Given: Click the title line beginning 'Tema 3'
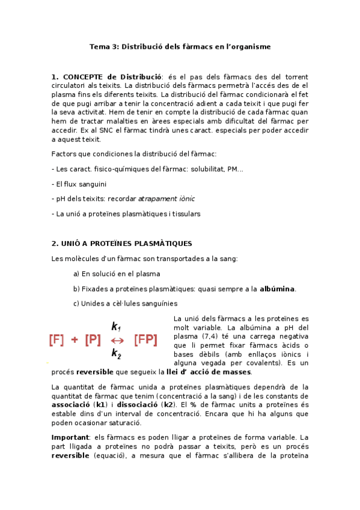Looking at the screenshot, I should (180, 46).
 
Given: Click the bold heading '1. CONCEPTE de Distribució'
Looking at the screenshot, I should (107, 77).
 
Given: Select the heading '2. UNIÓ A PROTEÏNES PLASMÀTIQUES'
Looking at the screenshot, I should (122, 244).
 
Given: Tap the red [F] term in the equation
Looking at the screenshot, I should (56, 340).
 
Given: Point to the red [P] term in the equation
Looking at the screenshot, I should (93, 340).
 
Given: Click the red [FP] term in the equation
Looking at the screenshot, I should (145, 340).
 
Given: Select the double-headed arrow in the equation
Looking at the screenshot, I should (118, 340).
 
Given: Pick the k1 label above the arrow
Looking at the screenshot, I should (117, 327).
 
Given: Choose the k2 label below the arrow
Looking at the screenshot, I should (117, 354).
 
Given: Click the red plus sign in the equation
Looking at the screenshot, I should (75, 340).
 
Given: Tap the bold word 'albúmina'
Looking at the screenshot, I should (277, 289).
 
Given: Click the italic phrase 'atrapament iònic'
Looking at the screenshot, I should (166, 198).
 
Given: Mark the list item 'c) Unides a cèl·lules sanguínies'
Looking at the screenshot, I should (125, 303).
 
